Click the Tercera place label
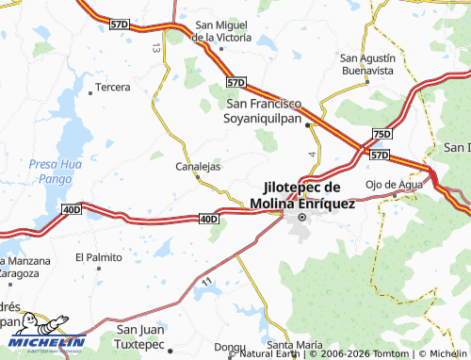point(113,88)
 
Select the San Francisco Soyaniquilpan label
point(269,111)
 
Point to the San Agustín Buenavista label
point(366,63)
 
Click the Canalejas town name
point(198,167)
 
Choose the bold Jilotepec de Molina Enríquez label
point(303,195)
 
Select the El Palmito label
point(99,256)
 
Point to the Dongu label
point(230,347)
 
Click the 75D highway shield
point(381,135)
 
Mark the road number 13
point(155,47)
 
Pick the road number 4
point(310,152)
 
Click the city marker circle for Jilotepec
point(302,218)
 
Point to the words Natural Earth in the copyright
point(272,353)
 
